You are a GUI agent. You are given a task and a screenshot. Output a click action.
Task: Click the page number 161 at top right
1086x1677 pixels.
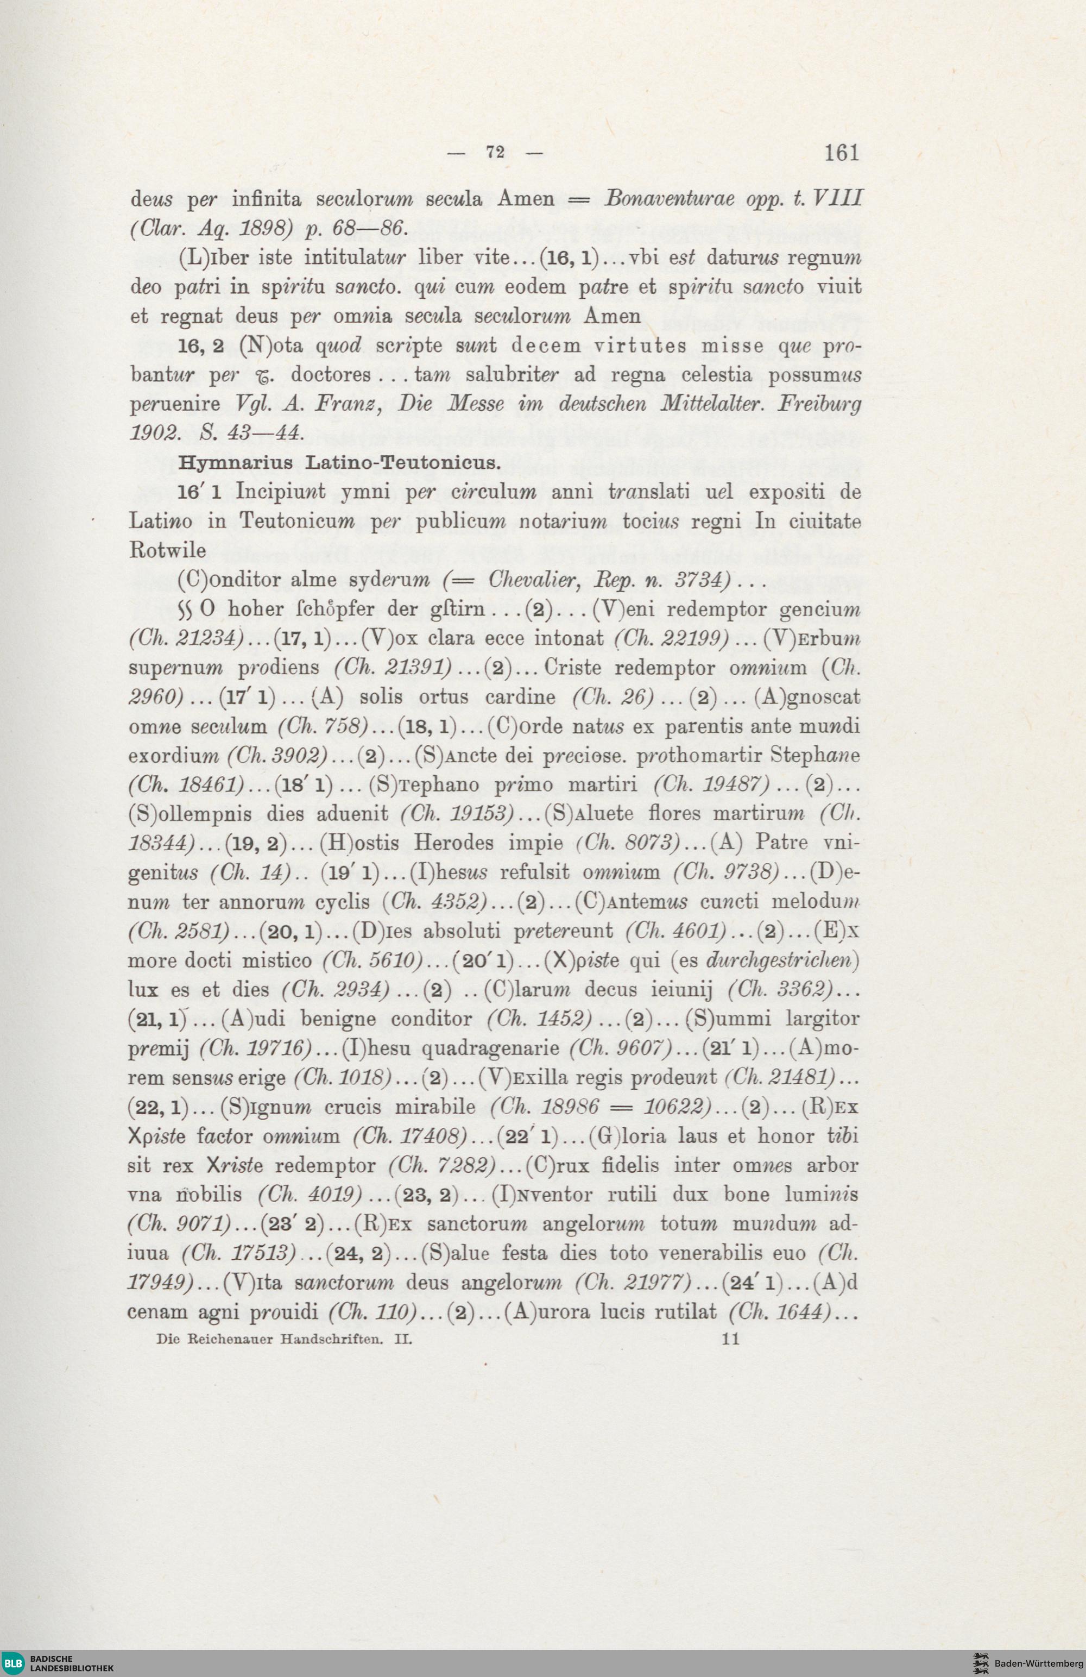pos(838,153)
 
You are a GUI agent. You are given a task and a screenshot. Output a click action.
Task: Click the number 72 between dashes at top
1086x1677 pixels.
pos(495,153)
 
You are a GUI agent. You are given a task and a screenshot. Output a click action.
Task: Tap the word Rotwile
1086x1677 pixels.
pos(159,550)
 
